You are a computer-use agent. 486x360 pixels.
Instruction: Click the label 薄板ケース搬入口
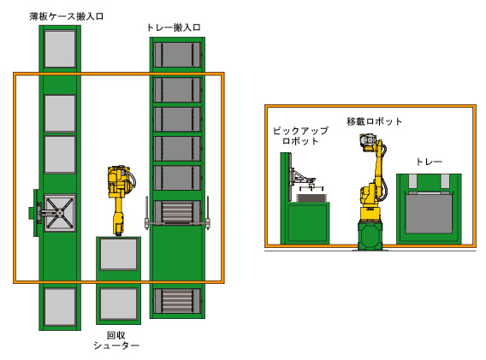[x=67, y=16]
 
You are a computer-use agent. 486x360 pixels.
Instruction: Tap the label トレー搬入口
[x=175, y=27]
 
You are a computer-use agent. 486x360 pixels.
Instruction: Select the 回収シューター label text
[x=116, y=340]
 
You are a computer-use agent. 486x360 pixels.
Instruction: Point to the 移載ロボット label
[x=374, y=121]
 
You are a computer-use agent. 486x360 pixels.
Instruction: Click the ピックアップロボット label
[x=300, y=136]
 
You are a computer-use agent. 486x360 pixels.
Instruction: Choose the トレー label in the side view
[x=429, y=162]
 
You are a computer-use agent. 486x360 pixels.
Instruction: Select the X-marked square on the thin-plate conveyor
[x=60, y=213]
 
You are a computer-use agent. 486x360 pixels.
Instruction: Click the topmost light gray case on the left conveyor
[x=60, y=49]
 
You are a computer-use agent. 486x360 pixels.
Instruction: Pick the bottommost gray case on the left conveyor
[x=60, y=307]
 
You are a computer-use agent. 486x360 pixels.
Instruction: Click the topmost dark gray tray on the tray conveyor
[x=177, y=55]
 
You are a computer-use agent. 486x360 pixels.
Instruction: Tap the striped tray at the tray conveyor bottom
[x=177, y=301]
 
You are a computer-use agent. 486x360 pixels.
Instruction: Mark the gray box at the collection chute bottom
[x=118, y=304]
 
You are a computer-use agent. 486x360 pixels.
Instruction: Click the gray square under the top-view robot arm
[x=118, y=254]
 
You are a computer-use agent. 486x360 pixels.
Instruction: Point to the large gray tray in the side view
[x=429, y=213]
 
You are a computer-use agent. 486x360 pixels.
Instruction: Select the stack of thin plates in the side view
[x=312, y=198]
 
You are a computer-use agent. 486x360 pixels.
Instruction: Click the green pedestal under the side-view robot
[x=370, y=235]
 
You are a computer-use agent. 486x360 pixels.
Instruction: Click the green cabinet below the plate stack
[x=307, y=222]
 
